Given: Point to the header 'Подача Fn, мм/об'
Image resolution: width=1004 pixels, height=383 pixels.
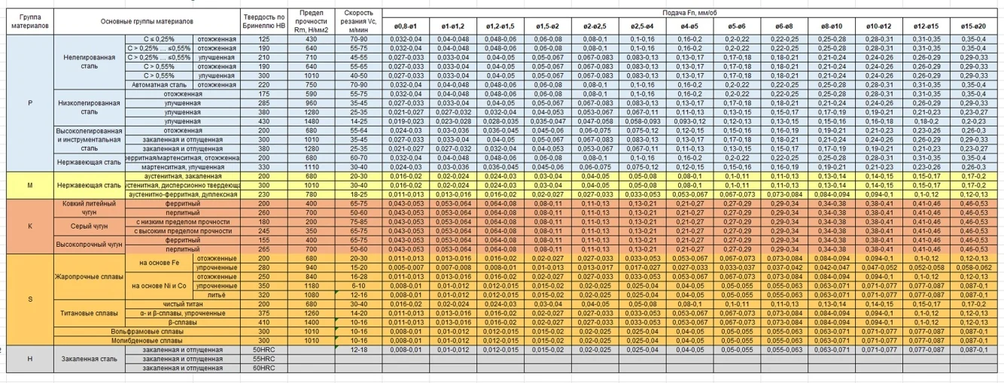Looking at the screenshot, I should pos(692,14).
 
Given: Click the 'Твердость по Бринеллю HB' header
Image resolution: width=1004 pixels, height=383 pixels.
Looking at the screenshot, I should pos(264,21).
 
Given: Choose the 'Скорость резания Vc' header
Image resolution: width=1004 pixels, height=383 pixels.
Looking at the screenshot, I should pos(357,21).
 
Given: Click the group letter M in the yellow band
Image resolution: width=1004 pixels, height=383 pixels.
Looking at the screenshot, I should pos(29,184).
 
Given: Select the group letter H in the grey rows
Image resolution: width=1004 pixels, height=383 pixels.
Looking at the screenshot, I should pos(29,359).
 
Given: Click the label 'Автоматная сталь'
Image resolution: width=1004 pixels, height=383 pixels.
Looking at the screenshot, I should pos(160,85).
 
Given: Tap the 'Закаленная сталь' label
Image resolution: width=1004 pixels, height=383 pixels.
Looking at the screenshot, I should pos(89,359).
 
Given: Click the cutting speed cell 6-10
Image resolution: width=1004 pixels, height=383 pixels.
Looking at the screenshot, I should pos(357,287).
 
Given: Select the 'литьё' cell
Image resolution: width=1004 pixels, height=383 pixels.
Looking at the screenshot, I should pos(216,295).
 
